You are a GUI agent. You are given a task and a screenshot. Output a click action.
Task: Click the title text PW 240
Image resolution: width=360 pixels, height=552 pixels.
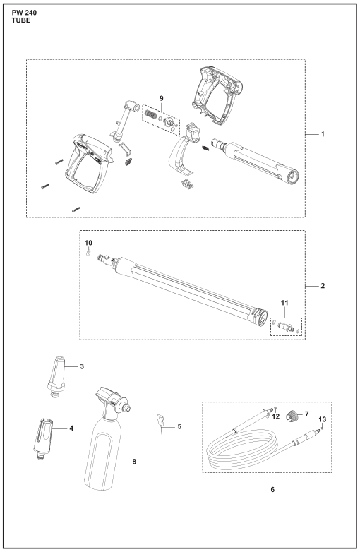pos(24,13)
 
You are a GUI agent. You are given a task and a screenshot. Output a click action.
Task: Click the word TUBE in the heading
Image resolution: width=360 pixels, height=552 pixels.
pos(21,20)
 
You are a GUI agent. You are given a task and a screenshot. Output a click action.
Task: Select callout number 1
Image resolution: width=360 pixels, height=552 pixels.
pos(323,134)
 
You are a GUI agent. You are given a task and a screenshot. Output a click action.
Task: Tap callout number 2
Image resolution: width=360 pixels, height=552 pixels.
pos(323,285)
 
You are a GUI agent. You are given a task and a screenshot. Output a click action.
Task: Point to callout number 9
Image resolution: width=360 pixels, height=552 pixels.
pos(162,98)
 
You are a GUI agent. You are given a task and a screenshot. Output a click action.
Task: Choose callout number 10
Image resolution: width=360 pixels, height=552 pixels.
pos(88,243)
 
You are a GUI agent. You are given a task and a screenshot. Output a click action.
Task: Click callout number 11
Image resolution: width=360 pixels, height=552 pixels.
pos(284,303)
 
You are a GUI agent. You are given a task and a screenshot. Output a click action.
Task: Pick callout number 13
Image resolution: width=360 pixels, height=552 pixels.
pos(323,419)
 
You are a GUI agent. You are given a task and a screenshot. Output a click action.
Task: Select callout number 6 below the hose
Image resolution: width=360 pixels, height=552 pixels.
pos(272,489)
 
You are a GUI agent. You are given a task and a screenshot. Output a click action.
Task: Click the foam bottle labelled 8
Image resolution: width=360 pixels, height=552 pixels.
pos(104,438)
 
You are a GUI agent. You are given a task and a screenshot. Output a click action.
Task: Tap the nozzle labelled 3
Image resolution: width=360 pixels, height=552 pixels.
pos(57,378)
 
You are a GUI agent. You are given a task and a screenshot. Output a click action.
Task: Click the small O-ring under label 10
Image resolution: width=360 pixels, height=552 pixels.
pos(88,253)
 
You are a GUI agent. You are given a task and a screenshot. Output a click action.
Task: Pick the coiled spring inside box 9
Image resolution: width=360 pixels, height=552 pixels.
pos(150,115)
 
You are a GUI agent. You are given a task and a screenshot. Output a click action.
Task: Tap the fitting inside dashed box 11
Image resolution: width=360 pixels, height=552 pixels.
pos(286,326)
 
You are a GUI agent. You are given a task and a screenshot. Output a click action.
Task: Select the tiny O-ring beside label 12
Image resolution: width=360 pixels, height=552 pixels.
pos(276,408)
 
